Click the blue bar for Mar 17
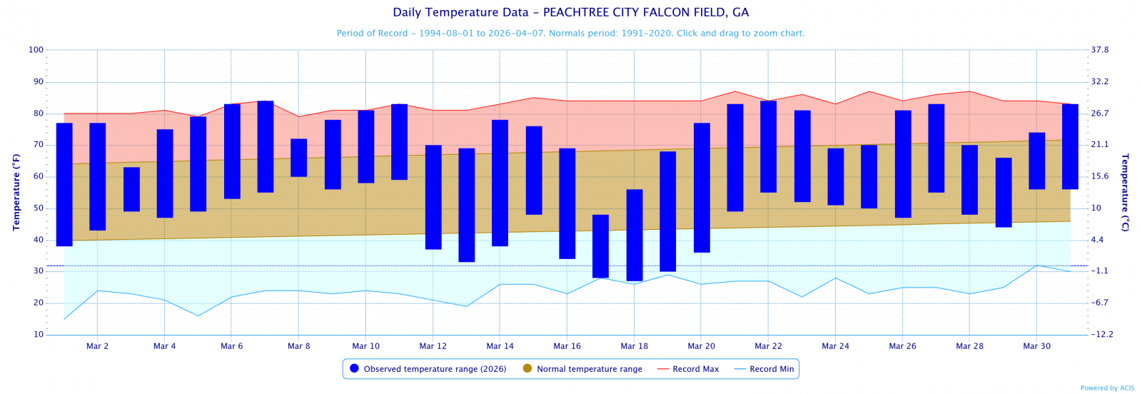pyautogui.click(x=600, y=246)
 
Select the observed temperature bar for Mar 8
pyautogui.click(x=298, y=158)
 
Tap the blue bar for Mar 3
pyautogui.click(x=131, y=189)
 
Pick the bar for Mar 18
pyautogui.click(x=635, y=235)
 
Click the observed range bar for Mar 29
pyautogui.click(x=1004, y=193)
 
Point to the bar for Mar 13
pyautogui.click(x=467, y=205)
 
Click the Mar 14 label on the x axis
pyautogui.click(x=500, y=346)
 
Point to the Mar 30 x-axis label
pyautogui.click(x=1036, y=346)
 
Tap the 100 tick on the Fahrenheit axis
pyautogui.click(x=36, y=50)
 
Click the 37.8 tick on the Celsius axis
pyautogui.click(x=1100, y=50)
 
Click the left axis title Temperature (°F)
pyautogui.click(x=16, y=192)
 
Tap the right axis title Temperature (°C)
pyautogui.click(x=1126, y=192)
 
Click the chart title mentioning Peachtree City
pyautogui.click(x=571, y=13)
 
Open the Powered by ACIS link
pyautogui.click(x=1107, y=388)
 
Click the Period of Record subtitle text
pyautogui.click(x=571, y=34)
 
